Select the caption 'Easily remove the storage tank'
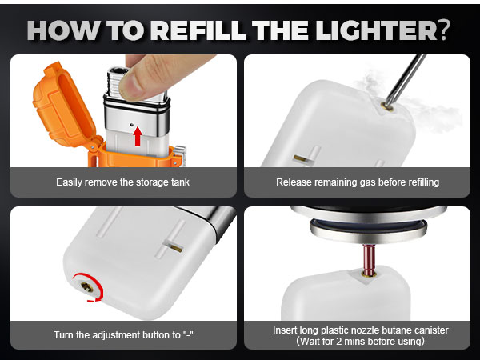point(123,182)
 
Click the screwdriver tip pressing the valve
point(388,102)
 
